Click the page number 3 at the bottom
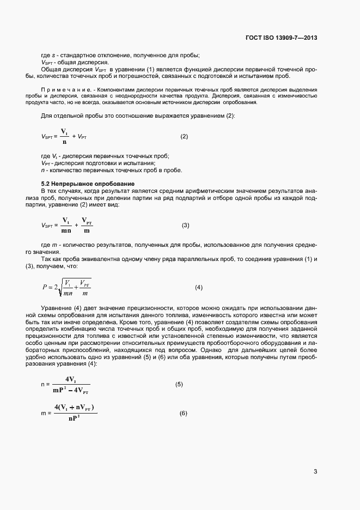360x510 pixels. [315, 471]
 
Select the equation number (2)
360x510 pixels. [184, 136]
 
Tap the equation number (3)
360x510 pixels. [185, 225]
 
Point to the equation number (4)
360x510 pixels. [199, 287]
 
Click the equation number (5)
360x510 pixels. [179, 384]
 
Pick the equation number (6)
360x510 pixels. [184, 413]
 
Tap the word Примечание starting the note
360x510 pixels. [59, 89]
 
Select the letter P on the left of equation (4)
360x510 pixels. [45, 287]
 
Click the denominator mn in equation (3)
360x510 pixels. [66, 230]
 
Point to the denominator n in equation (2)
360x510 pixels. [64, 142]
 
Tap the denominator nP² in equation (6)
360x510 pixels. [75, 418]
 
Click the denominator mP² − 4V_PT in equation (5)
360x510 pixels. [71, 390]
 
